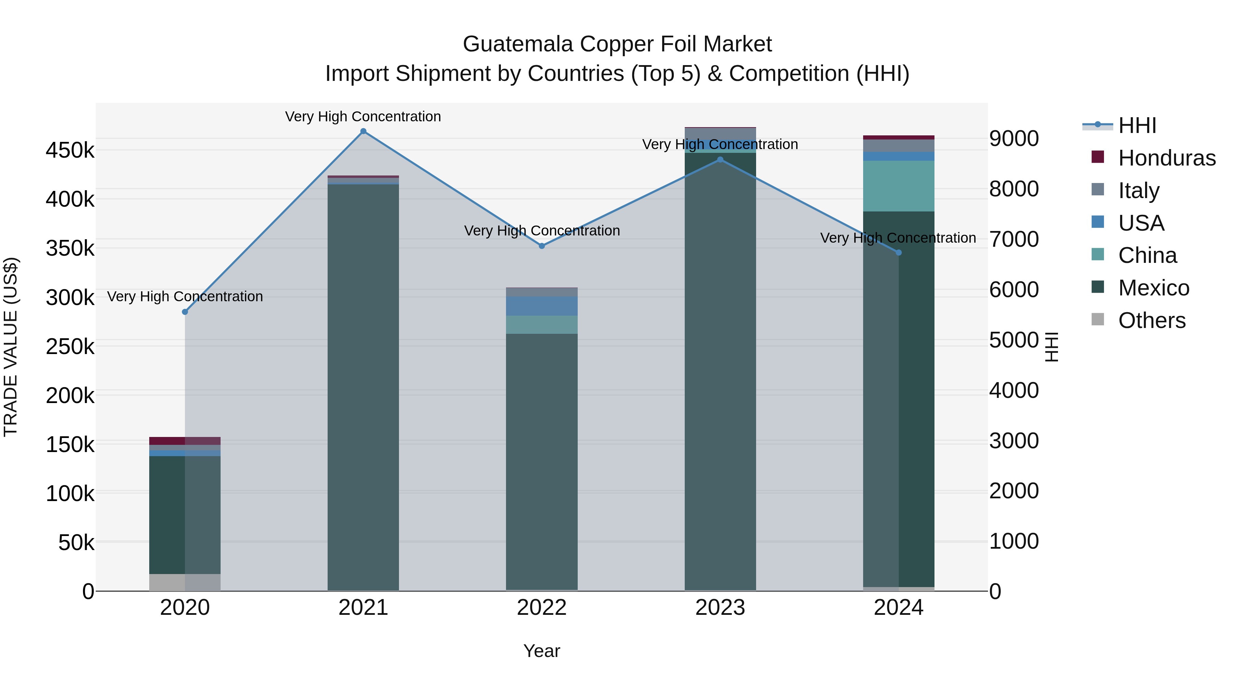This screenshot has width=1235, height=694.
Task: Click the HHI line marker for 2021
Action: [363, 131]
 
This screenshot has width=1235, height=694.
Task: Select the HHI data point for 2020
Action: [185, 312]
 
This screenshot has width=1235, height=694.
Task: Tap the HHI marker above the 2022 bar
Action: [542, 246]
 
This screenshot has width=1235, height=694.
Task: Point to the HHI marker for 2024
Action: [898, 252]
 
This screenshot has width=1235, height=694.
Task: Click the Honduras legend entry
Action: [1166, 158]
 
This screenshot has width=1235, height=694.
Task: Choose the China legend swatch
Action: [1097, 254]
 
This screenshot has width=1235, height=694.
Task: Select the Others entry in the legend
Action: [1152, 320]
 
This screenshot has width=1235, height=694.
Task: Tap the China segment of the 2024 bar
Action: [898, 186]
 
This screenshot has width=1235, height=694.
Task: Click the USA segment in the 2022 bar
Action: [542, 306]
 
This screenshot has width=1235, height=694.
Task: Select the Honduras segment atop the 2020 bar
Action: [185, 441]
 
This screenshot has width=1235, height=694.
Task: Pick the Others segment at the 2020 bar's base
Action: [185, 582]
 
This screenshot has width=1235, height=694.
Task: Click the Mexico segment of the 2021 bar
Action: [363, 383]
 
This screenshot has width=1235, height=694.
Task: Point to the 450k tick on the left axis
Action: [70, 151]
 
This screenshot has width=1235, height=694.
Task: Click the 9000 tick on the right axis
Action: [1013, 139]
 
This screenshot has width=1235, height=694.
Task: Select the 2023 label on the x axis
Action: [720, 608]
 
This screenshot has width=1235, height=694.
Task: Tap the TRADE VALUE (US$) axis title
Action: [11, 347]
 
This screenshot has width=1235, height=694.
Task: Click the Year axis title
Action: [541, 651]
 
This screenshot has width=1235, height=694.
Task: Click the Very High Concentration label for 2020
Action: [185, 296]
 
